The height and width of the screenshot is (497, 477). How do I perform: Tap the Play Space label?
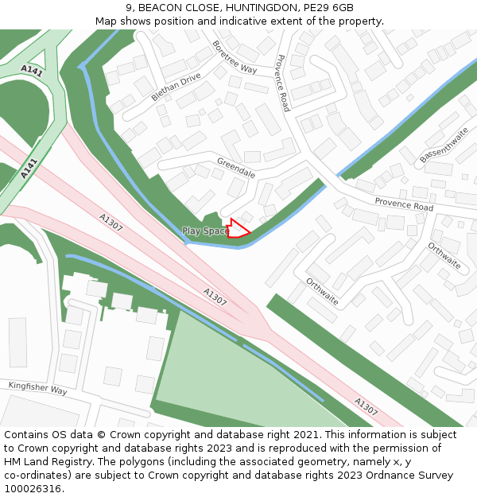click(205, 231)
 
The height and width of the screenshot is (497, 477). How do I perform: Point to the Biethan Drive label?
click(176, 87)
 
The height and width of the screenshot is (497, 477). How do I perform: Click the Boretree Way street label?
click(235, 56)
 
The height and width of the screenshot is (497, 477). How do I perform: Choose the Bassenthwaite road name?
click(444, 145)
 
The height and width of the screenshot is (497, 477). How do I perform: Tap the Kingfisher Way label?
click(37, 389)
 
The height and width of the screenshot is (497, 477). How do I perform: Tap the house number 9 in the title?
click(129, 7)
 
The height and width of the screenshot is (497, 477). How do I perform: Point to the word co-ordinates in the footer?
click(39, 476)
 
